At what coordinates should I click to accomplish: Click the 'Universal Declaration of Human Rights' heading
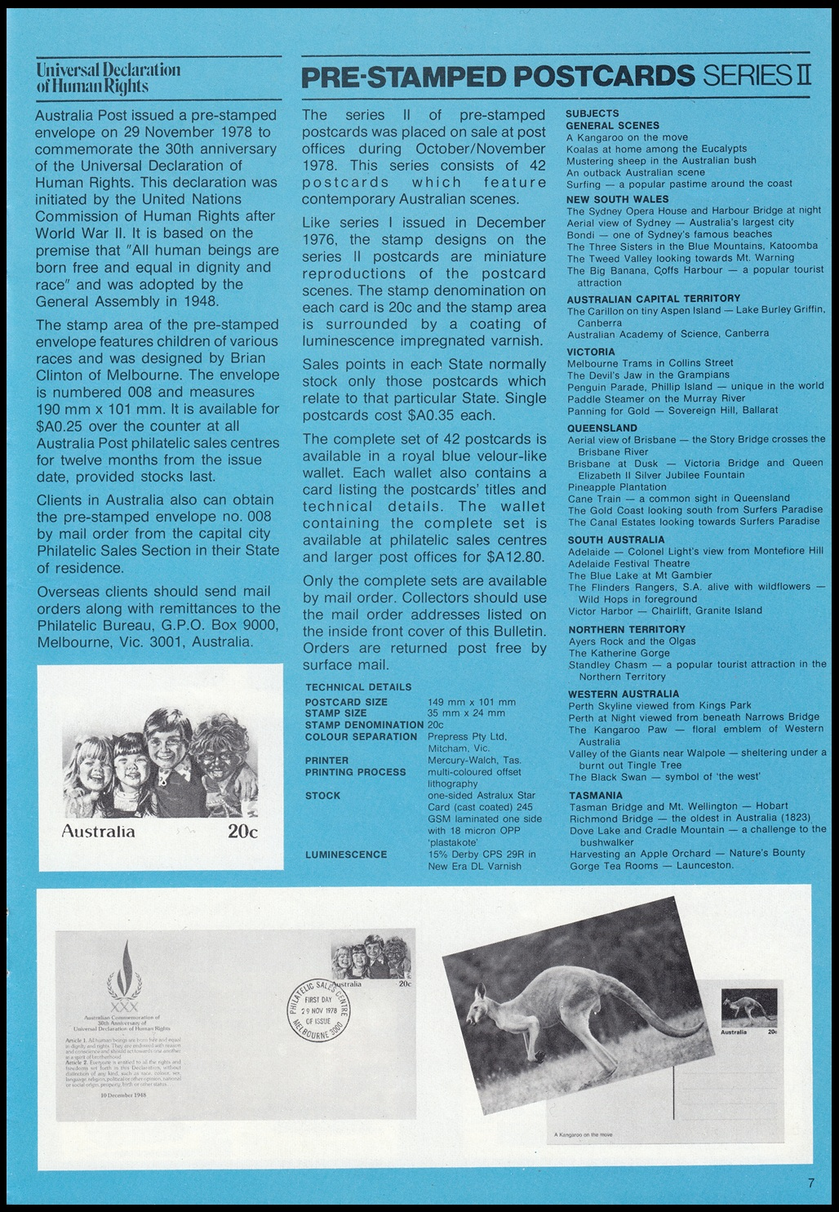pyautogui.click(x=108, y=77)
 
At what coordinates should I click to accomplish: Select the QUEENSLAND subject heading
pyautogui.click(x=602, y=428)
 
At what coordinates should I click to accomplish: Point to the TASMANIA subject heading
pyautogui.click(x=596, y=795)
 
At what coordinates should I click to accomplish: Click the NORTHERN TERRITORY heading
pyautogui.click(x=627, y=629)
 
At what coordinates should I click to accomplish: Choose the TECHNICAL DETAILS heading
pyautogui.click(x=358, y=687)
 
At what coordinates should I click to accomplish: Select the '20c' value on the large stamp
pyautogui.click(x=242, y=832)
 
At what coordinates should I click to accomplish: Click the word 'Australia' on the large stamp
pyautogui.click(x=99, y=832)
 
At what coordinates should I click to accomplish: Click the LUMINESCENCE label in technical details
pyautogui.click(x=346, y=855)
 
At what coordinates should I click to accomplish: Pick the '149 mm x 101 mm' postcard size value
pyautogui.click(x=472, y=702)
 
